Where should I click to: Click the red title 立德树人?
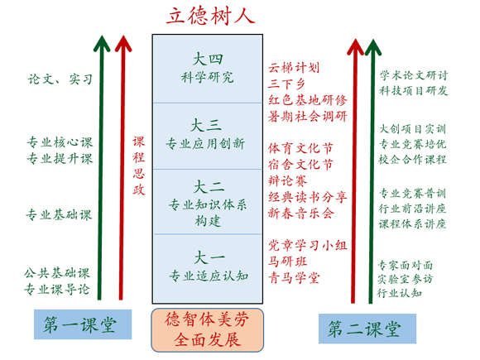click(210, 16)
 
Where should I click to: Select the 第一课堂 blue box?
click(83, 324)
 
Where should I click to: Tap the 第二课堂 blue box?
click(367, 329)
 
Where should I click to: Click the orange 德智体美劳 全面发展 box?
click(207, 330)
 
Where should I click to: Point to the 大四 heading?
click(208, 59)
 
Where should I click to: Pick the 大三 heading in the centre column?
click(206, 125)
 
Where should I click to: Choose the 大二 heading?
click(209, 187)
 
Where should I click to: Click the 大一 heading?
click(209, 257)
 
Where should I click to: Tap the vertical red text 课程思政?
click(139, 166)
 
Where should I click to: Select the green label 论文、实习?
click(60, 79)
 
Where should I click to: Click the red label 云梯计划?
click(294, 68)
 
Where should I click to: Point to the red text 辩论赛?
click(287, 180)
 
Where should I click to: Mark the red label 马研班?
click(287, 262)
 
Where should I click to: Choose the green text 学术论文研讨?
click(414, 75)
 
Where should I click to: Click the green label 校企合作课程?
click(413, 159)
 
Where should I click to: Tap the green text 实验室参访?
click(405, 279)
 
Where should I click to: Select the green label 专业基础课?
click(59, 215)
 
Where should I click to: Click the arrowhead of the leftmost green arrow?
click(102, 44)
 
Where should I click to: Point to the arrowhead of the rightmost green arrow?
click(373, 47)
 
